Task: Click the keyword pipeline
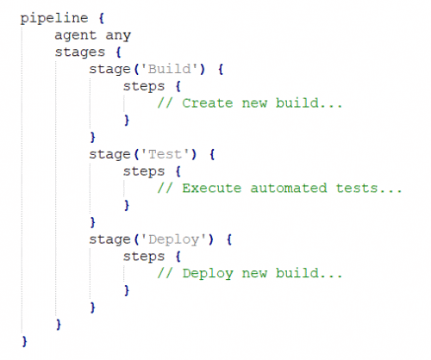(54, 19)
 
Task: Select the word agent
(76, 36)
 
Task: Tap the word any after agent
(118, 36)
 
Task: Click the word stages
(80, 53)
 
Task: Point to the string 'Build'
(169, 69)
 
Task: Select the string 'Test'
(165, 154)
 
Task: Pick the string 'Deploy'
(173, 239)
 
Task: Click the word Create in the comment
(208, 103)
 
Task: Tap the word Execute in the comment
(212, 189)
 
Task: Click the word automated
(289, 189)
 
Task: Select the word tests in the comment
(357, 189)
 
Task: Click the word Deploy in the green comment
(208, 274)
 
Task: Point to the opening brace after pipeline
(101, 18)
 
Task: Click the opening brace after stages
(118, 53)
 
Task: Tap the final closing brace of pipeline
(24, 342)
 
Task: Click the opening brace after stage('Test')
(212, 154)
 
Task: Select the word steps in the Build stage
(144, 87)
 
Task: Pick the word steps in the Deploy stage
(144, 257)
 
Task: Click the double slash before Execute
(165, 189)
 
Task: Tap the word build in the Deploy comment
(297, 273)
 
